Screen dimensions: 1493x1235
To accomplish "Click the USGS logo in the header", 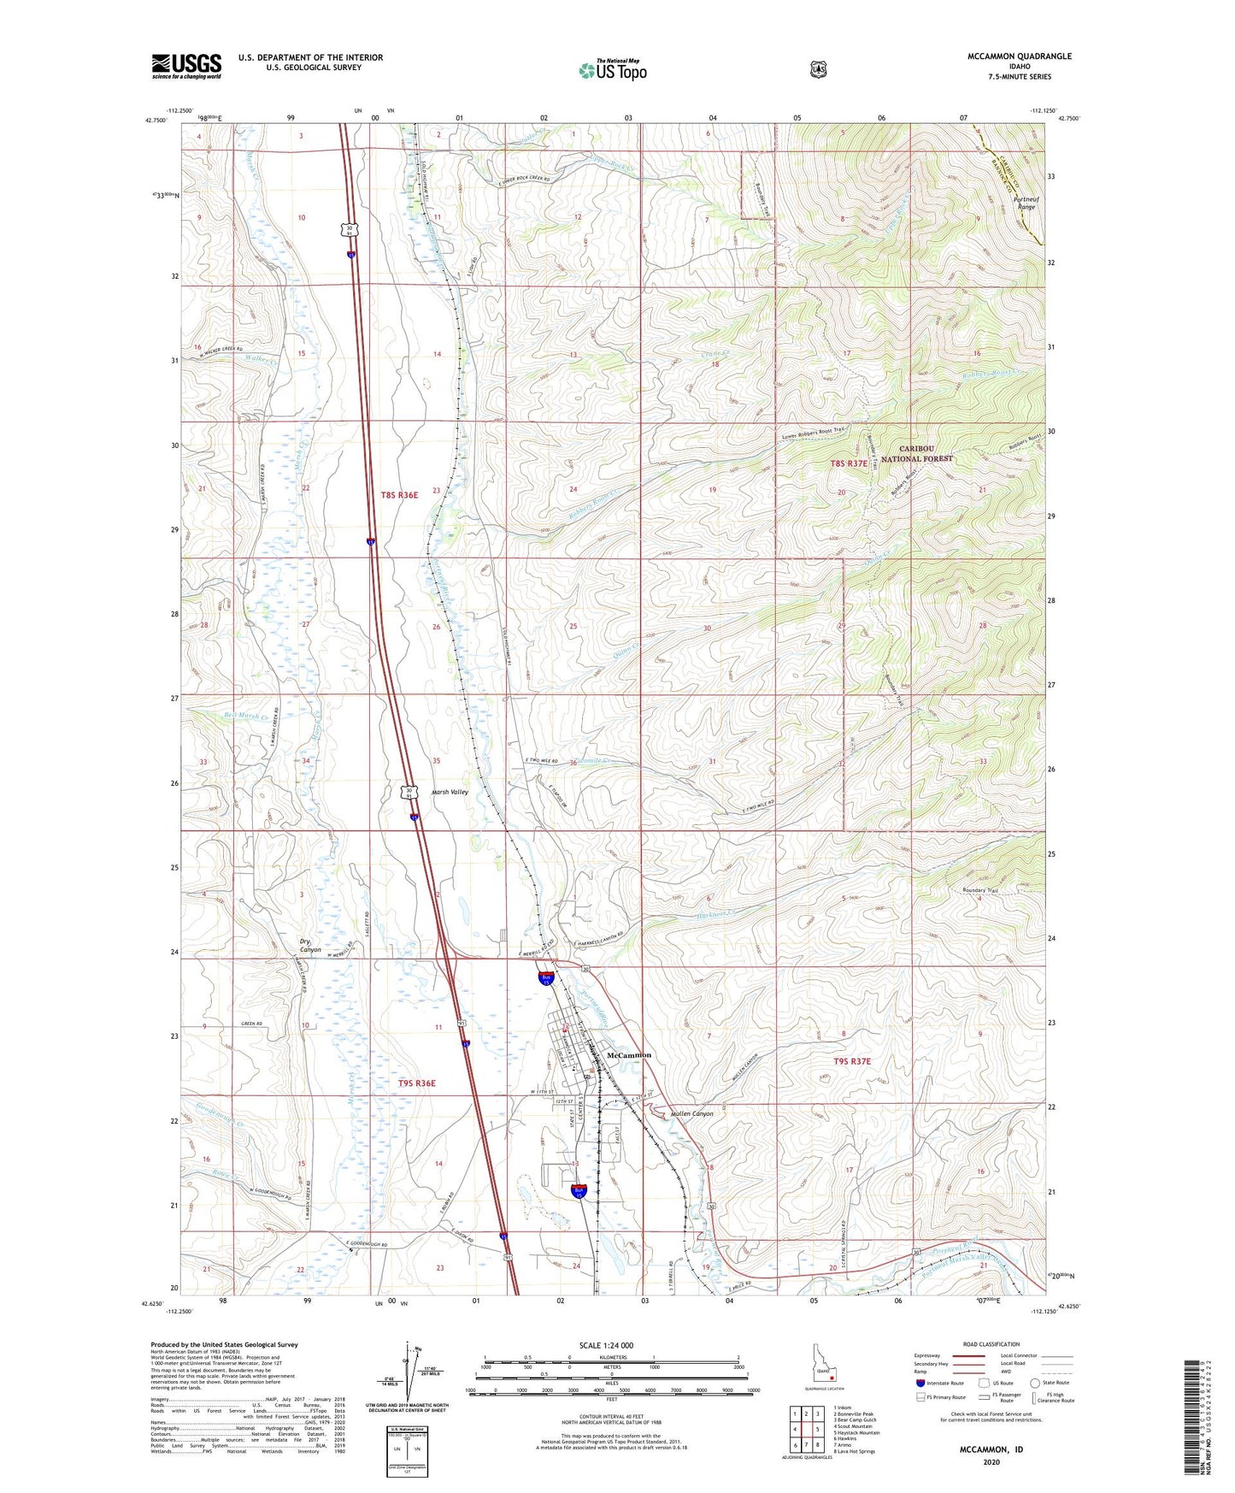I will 186,66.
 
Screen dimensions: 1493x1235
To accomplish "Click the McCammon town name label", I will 628,1055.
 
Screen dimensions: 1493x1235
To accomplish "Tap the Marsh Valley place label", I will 450,792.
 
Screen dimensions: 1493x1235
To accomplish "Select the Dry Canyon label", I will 309,946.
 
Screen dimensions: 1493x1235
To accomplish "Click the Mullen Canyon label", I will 691,1113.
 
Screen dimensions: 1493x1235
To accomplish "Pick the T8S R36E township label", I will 399,495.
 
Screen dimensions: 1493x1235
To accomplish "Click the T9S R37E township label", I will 851,1061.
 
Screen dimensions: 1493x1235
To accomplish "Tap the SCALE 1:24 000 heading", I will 606,1345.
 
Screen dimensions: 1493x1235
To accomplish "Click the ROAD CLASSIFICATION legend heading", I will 991,1344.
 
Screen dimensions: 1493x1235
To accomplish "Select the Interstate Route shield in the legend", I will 920,1382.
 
